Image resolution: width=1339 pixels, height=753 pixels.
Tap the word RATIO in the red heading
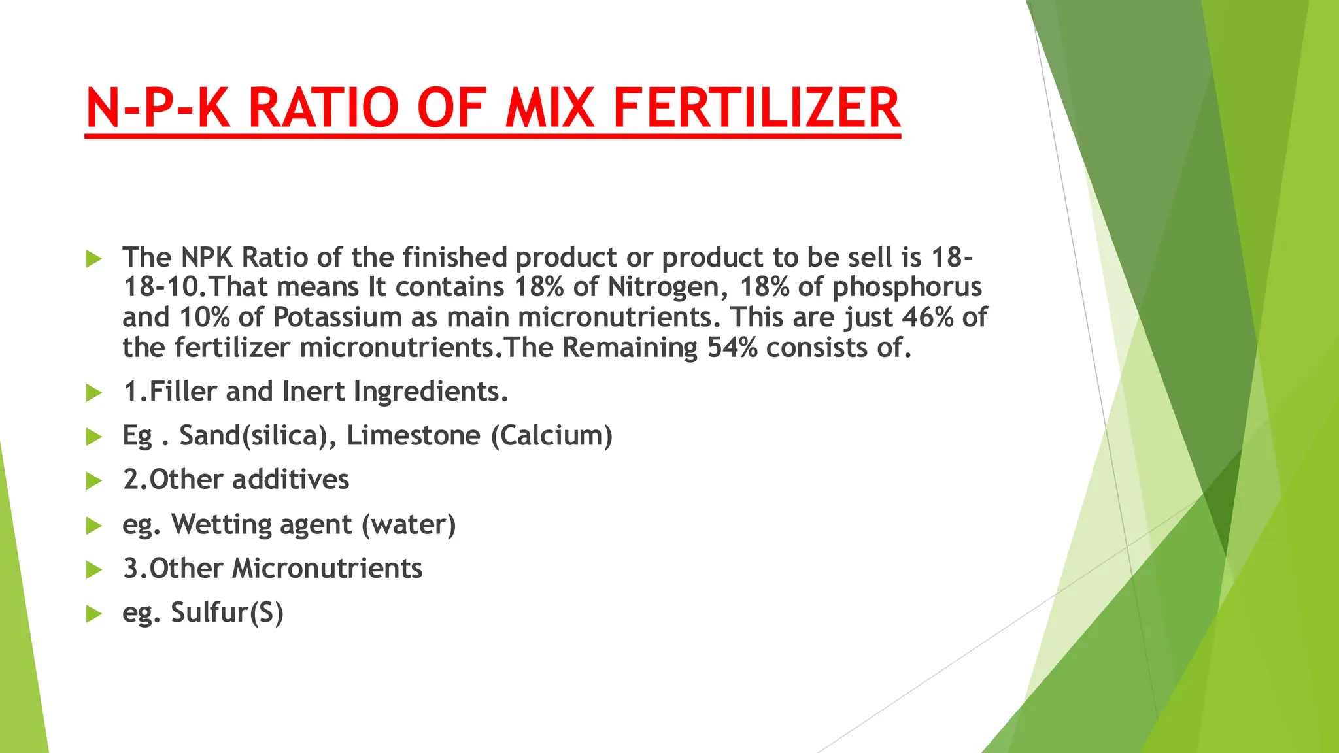[x=323, y=108]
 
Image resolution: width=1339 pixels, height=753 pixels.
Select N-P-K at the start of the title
[x=158, y=108]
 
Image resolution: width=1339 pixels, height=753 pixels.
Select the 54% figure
[x=732, y=348]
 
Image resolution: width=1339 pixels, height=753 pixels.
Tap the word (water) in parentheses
[x=409, y=525]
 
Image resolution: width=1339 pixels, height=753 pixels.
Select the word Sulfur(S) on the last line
[x=227, y=613]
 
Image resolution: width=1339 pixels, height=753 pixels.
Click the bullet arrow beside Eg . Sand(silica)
[x=94, y=437]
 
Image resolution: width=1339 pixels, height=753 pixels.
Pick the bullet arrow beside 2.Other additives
[x=94, y=481]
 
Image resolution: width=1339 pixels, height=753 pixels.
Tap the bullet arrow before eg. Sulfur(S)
[x=94, y=614]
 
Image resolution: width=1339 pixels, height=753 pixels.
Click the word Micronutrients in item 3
[x=328, y=569]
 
